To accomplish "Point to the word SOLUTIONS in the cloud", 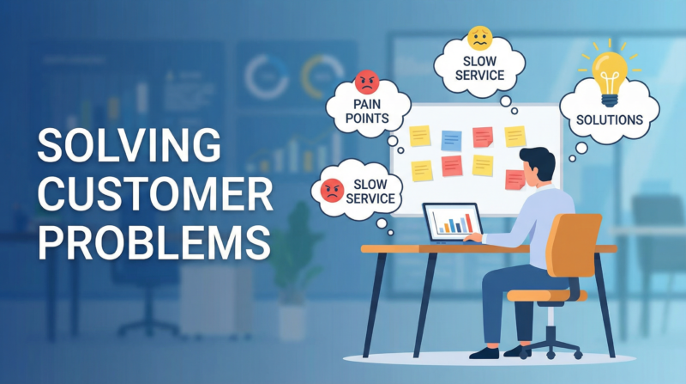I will (610, 119).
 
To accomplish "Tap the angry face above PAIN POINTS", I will (366, 84).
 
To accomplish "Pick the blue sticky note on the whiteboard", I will (451, 139).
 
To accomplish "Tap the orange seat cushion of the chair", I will (547, 296).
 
